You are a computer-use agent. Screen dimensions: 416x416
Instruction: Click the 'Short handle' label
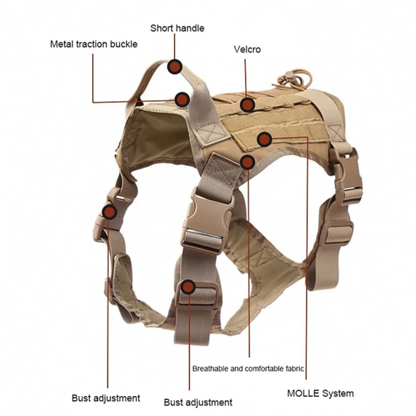[x=177, y=28]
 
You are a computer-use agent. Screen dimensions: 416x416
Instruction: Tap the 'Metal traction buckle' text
[x=94, y=44]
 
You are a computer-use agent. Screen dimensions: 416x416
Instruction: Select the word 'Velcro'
[x=247, y=50]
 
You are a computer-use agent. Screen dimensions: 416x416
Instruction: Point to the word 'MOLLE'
[x=303, y=393]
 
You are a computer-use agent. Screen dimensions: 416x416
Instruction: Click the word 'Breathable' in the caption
[x=211, y=369]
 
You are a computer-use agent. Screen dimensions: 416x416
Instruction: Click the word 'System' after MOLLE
[x=338, y=393]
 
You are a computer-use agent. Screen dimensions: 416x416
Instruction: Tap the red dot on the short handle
[x=175, y=67]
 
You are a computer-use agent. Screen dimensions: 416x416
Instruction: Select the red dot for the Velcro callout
[x=248, y=105]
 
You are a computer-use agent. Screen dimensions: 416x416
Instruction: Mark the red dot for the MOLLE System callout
[x=265, y=139]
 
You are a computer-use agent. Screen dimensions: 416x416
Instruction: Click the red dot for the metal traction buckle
[x=181, y=99]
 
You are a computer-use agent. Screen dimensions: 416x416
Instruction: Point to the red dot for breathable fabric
[x=248, y=162]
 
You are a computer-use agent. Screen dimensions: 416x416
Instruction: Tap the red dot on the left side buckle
[x=109, y=212]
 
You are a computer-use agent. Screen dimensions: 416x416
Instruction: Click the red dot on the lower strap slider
[x=188, y=287]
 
